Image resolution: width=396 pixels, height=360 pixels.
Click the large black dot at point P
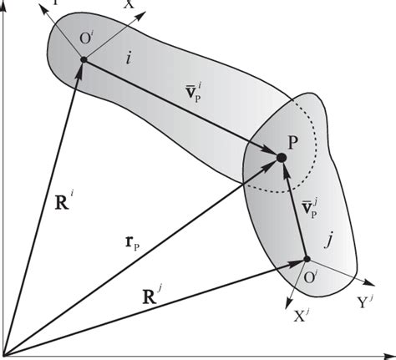pos(282,156)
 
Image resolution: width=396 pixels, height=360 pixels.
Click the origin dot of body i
pos(84,59)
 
